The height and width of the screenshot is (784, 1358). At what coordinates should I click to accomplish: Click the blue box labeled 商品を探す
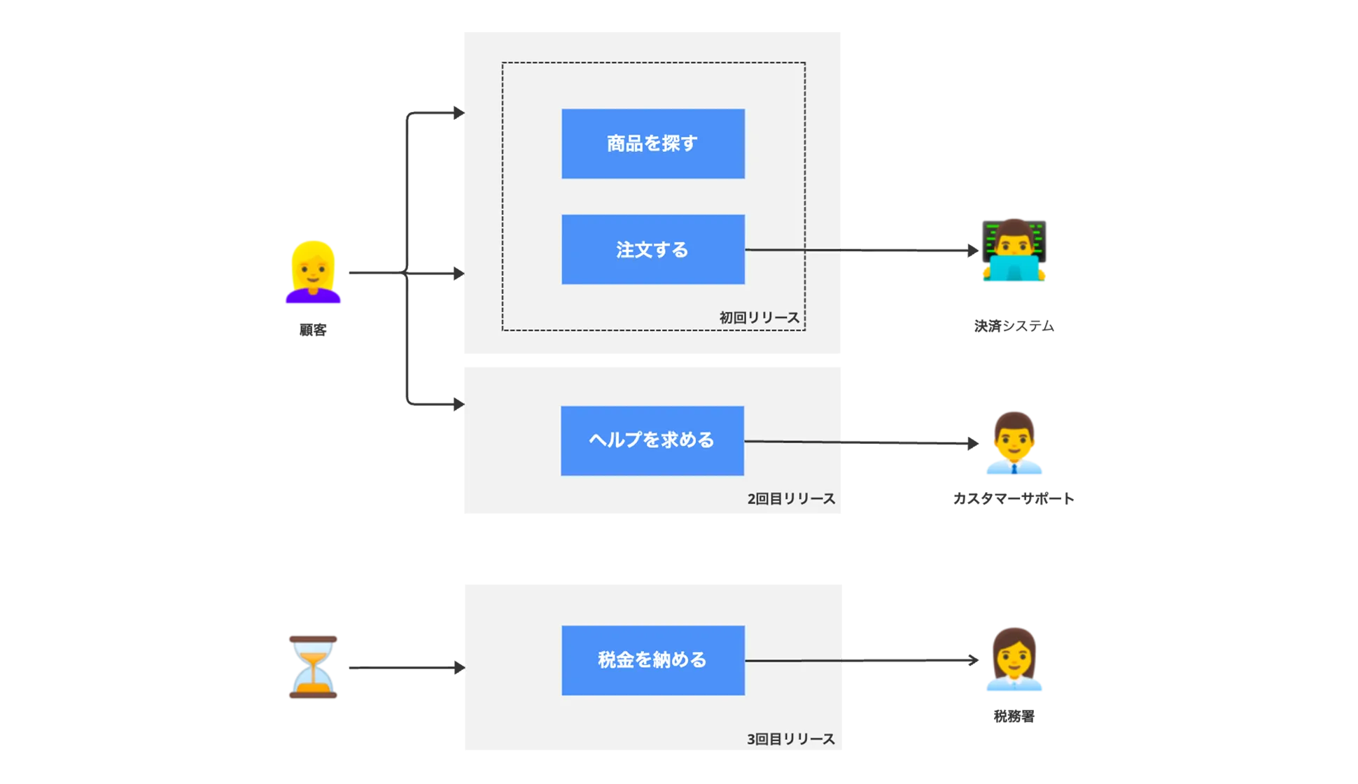[x=652, y=143]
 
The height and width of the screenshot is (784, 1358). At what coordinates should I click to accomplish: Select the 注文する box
[x=652, y=249]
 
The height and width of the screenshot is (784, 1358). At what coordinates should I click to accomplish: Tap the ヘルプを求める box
[x=652, y=440]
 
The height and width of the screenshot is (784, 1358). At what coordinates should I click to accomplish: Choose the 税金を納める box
[x=652, y=660]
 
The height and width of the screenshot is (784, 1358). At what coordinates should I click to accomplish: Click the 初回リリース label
[x=759, y=318]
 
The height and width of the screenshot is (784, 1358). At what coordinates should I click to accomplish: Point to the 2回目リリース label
[x=791, y=499]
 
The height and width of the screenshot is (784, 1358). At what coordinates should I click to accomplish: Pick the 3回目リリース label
[x=790, y=739]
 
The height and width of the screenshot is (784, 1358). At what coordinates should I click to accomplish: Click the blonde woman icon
[x=313, y=272]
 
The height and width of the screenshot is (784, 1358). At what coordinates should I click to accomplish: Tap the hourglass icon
[x=313, y=666]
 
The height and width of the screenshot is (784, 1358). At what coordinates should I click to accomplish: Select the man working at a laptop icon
[x=1014, y=250]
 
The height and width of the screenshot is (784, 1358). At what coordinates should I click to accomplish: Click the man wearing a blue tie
[x=1015, y=442]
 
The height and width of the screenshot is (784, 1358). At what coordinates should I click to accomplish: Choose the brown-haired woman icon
[x=1015, y=659]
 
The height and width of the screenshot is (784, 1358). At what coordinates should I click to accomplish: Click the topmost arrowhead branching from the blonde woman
[x=458, y=111]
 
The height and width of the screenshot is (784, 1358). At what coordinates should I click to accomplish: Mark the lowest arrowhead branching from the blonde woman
[x=458, y=403]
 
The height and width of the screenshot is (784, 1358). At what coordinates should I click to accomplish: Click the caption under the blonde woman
[x=313, y=330]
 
